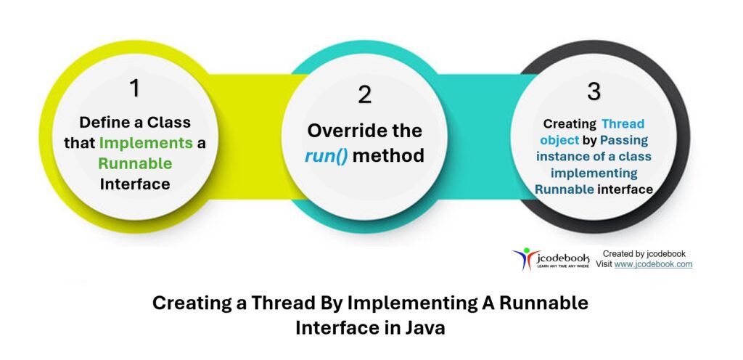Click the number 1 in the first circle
coord(134,88)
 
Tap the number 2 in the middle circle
coord(364,94)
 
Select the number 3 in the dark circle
coord(594,91)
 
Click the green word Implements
coord(146,143)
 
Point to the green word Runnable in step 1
coord(135,163)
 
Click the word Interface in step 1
coord(135,184)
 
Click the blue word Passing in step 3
coord(623,140)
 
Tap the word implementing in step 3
coord(594,173)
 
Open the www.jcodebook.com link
coord(653,264)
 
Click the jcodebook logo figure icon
coord(522,258)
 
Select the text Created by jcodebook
coord(644,253)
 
